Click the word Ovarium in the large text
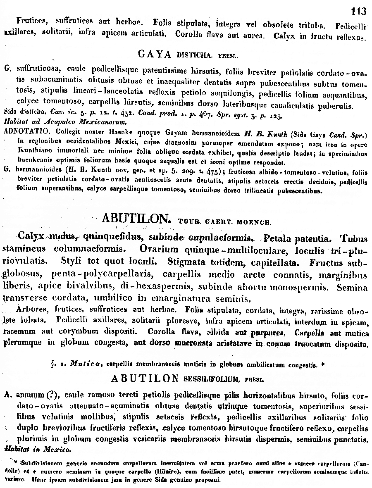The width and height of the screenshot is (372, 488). pyautogui.click(x=158, y=250)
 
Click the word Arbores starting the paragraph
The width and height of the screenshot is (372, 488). pyautogui.click(x=33, y=309)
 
